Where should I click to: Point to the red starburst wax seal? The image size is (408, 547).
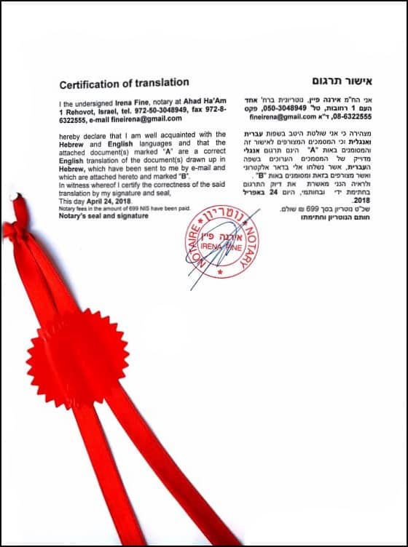click(x=78, y=359)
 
